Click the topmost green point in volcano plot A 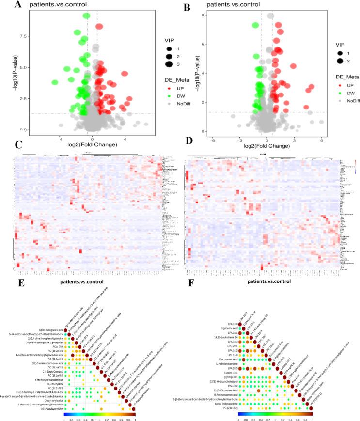coord(87,16)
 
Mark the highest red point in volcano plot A coord(99,26)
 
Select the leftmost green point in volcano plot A coord(55,82)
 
